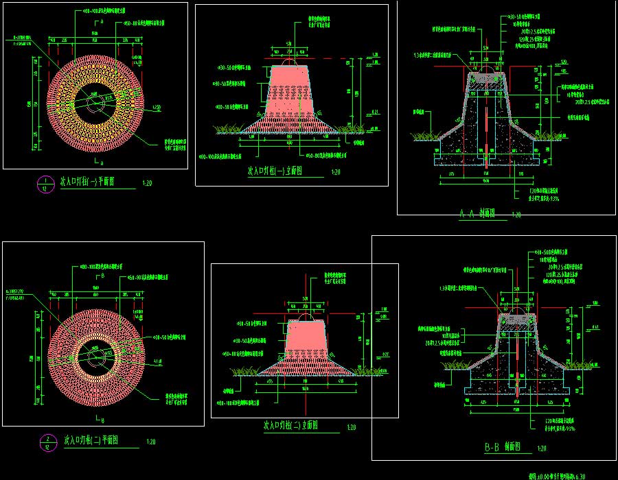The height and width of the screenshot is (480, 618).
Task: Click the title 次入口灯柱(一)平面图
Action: [88, 182]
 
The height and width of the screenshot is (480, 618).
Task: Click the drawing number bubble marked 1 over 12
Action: [45, 184]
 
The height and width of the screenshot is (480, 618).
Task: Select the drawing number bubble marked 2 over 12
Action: [47, 442]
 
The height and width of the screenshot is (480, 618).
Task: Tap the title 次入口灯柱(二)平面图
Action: [92, 440]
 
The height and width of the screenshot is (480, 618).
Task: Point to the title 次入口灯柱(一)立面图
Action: [275, 171]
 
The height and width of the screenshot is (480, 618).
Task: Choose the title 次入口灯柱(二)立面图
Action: [290, 426]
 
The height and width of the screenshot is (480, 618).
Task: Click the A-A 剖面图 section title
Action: [477, 214]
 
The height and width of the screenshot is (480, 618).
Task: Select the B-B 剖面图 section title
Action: [501, 448]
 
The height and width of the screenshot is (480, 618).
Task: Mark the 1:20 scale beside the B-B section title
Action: [542, 449]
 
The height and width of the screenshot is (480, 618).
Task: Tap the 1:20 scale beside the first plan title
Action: [147, 183]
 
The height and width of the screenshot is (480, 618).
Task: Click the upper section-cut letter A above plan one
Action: [102, 23]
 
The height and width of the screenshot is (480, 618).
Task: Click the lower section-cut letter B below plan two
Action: [102, 420]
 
